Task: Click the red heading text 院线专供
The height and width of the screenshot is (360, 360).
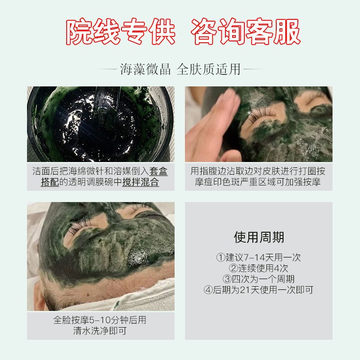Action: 121,31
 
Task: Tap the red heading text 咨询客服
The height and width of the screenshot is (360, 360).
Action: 246,31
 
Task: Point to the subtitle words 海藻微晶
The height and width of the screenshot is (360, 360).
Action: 145,69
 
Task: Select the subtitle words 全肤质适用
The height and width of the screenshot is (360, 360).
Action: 209,69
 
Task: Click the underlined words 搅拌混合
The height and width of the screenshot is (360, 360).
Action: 140,182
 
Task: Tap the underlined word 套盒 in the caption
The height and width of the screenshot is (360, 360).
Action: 158,171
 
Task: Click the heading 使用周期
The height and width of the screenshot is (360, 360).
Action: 259,237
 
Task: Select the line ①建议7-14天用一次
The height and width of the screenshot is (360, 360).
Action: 258,257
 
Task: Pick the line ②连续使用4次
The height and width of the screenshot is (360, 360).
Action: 258,268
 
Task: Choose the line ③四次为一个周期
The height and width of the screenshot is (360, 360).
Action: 258,279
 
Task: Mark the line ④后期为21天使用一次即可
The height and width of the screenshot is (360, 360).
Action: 258,290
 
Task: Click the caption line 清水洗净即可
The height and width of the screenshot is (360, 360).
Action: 100,331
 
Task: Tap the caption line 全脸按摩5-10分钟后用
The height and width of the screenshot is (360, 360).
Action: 100,320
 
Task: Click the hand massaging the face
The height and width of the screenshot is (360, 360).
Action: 212,126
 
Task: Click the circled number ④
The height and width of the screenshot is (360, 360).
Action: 208,290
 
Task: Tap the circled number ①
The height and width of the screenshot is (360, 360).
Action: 220,257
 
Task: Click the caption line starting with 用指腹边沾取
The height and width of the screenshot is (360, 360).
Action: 258,171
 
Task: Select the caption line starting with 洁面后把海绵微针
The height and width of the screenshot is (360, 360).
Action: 100,171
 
